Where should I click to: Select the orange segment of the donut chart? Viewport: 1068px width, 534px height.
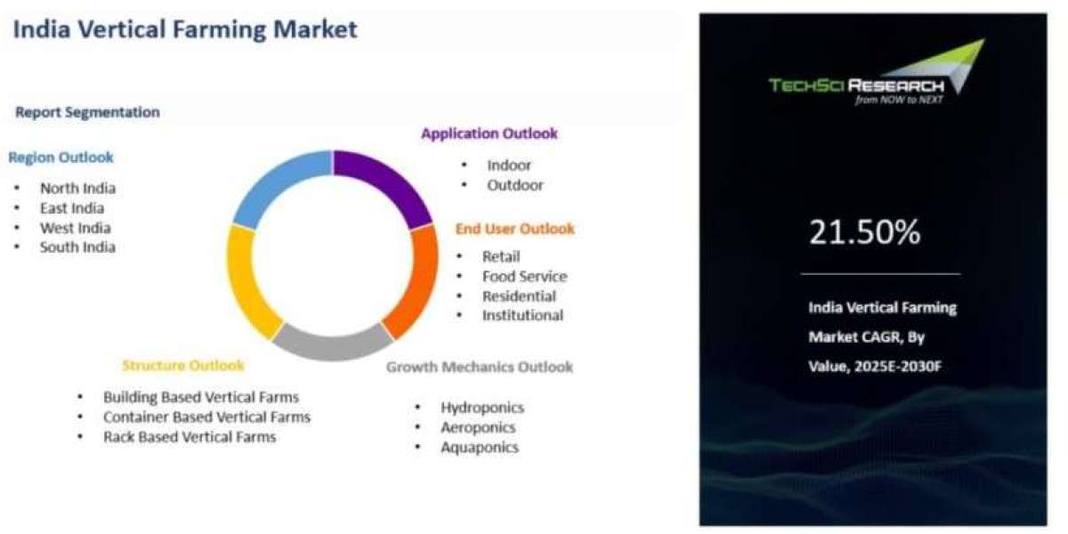(416, 281)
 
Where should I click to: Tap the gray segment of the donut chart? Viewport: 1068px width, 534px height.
(332, 344)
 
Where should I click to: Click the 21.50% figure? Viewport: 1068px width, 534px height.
(865, 232)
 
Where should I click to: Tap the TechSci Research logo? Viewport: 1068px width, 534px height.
(877, 72)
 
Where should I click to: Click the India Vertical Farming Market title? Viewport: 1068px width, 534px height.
(185, 29)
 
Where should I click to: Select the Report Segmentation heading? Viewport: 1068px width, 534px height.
(88, 112)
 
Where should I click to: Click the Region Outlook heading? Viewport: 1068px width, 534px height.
(61, 158)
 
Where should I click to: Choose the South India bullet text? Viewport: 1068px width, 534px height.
(77, 247)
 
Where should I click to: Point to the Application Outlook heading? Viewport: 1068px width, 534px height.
(489, 133)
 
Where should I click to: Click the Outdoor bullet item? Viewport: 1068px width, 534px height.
(515, 185)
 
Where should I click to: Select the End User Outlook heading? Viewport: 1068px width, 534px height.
(515, 230)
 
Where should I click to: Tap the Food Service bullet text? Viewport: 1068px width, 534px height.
(524, 277)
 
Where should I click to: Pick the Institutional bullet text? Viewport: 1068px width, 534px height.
(522, 316)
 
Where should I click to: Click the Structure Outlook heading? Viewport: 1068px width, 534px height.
(183, 366)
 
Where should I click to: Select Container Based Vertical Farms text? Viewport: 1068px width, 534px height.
(206, 417)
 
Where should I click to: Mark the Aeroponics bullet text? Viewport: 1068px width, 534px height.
(478, 428)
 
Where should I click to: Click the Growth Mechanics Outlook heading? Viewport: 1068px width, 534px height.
(480, 367)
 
